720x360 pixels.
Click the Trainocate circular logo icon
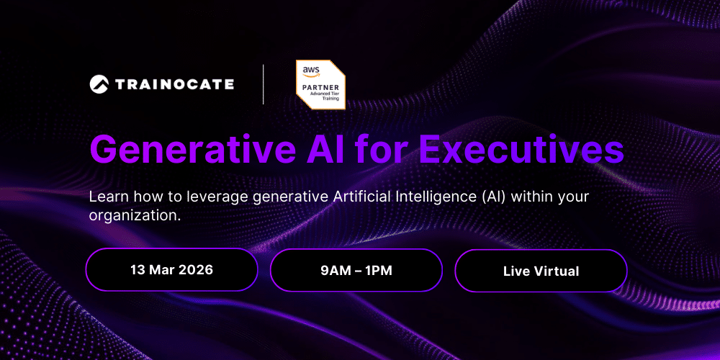click(99, 84)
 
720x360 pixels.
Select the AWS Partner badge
click(320, 84)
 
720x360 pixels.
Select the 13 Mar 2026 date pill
click(171, 270)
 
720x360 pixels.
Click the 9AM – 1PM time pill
click(356, 270)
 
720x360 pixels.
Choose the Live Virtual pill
click(541, 271)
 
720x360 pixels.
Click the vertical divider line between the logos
click(263, 84)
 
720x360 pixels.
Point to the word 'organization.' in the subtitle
click(135, 215)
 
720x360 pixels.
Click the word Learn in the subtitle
click(107, 197)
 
